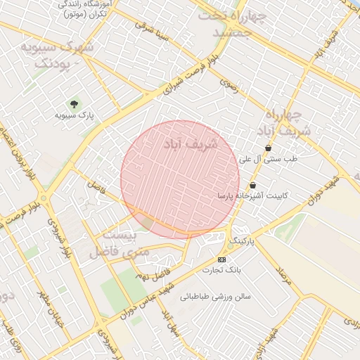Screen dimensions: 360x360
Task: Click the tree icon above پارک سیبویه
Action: click(x=72, y=103)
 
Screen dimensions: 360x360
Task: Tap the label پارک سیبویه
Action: click(x=75, y=114)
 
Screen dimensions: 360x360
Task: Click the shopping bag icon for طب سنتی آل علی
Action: click(x=269, y=148)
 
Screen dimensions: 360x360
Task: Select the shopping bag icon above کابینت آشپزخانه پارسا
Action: click(x=252, y=186)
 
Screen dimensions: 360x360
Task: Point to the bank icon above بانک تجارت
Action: click(x=222, y=259)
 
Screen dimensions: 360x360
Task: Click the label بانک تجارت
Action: click(x=218, y=270)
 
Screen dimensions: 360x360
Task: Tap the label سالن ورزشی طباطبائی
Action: click(x=215, y=297)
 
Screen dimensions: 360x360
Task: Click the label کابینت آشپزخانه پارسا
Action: click(x=253, y=195)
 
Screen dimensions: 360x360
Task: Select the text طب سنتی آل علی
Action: click(x=269, y=160)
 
